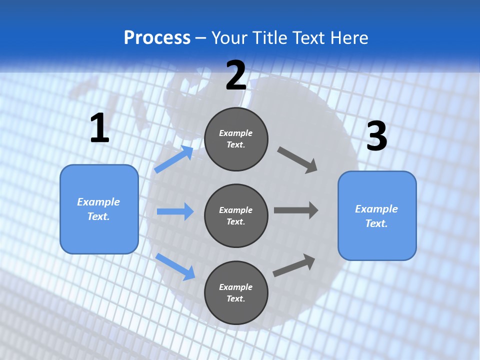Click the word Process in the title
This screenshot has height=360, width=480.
tap(157, 37)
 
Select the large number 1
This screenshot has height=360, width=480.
tap(99, 128)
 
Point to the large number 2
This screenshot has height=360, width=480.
tap(236, 75)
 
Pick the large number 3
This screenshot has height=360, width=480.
tap(376, 136)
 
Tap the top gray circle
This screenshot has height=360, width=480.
tap(236, 139)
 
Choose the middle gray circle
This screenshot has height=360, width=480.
tap(236, 215)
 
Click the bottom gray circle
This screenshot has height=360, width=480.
tap(236, 292)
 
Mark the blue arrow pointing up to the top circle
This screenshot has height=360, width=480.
tap(174, 159)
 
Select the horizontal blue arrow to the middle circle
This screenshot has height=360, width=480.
tap(175, 211)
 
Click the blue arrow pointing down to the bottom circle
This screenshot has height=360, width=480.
tap(175, 266)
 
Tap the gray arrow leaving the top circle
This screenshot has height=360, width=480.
tap(297, 160)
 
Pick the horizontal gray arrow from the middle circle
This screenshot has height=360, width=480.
tap(295, 210)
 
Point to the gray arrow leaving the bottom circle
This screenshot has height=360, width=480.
tap(294, 265)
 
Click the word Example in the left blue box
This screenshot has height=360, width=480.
tap(98, 202)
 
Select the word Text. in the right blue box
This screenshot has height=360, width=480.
tap(376, 223)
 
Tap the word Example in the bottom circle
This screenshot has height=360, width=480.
tap(236, 287)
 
